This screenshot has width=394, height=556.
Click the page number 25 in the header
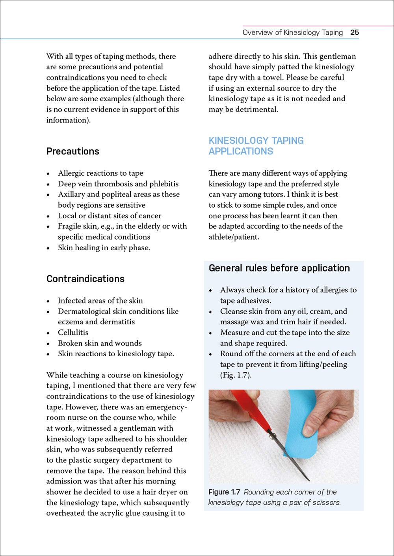[x=354, y=32]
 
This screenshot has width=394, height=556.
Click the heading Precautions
[x=73, y=151]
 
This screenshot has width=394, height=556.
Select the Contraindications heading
[x=85, y=279]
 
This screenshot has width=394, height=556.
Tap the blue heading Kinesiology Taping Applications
[x=256, y=146]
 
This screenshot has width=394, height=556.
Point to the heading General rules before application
[x=279, y=268]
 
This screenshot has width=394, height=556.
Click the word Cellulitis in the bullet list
[x=73, y=333]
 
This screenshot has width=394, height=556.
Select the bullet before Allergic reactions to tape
[x=48, y=174]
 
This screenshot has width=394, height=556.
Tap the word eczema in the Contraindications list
[x=71, y=322]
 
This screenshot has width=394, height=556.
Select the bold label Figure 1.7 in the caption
[x=224, y=492]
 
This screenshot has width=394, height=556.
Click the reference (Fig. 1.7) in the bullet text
[x=236, y=375]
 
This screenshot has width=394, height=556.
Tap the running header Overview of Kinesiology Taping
[x=292, y=32]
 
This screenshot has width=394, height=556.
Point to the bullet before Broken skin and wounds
[x=48, y=344]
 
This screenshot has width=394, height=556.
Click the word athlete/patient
[x=234, y=237]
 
